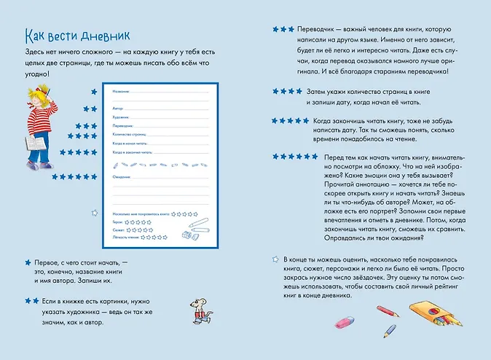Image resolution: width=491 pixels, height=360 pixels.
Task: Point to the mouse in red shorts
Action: click(198, 310)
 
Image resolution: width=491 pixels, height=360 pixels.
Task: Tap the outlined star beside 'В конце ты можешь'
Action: click(275, 258)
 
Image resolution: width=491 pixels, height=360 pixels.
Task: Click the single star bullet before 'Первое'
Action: click(28, 261)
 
